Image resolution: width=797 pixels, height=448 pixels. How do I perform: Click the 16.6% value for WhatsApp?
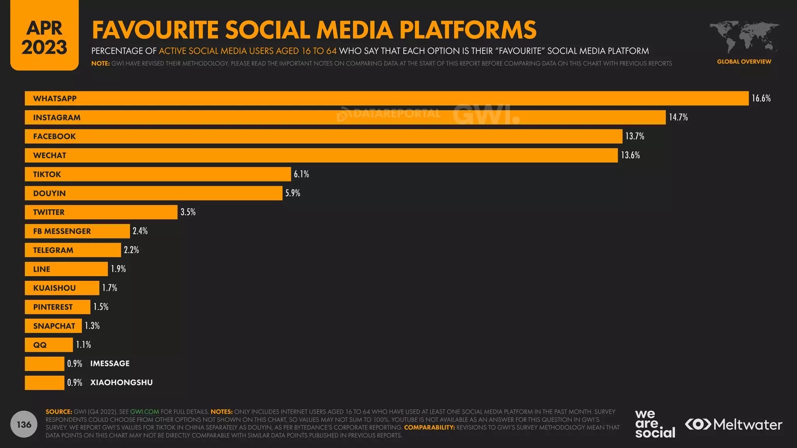[x=761, y=98]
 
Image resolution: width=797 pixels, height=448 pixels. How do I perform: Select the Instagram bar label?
[x=57, y=117]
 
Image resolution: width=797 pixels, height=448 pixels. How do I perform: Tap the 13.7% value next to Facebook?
[x=635, y=136]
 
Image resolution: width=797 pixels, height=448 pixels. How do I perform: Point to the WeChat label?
[x=50, y=156]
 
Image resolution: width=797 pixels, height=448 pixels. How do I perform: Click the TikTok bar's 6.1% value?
[x=301, y=174]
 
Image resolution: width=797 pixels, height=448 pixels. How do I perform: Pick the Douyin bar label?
[x=49, y=193]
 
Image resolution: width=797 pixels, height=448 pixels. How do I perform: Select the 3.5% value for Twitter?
[x=188, y=212]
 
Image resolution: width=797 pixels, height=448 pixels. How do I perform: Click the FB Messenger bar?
[x=77, y=231]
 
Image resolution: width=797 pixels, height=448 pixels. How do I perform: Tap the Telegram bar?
[x=73, y=250]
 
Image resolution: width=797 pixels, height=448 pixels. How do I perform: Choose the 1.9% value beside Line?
[x=118, y=269]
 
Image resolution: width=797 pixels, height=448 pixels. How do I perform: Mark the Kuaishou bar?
[x=62, y=288]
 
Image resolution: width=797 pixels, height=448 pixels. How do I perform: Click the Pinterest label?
[x=53, y=307]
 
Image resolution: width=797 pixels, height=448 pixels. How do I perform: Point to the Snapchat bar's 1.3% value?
[x=92, y=326]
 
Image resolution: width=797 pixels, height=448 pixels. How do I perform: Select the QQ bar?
[x=49, y=345]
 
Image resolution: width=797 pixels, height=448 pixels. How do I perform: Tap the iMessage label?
[x=110, y=364]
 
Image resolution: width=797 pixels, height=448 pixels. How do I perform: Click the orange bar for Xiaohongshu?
[x=44, y=383]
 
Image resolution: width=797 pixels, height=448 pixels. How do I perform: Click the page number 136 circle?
[x=24, y=424]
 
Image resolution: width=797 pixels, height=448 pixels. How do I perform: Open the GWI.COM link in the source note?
[x=144, y=412]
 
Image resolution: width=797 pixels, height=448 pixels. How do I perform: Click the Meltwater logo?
[x=734, y=424]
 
